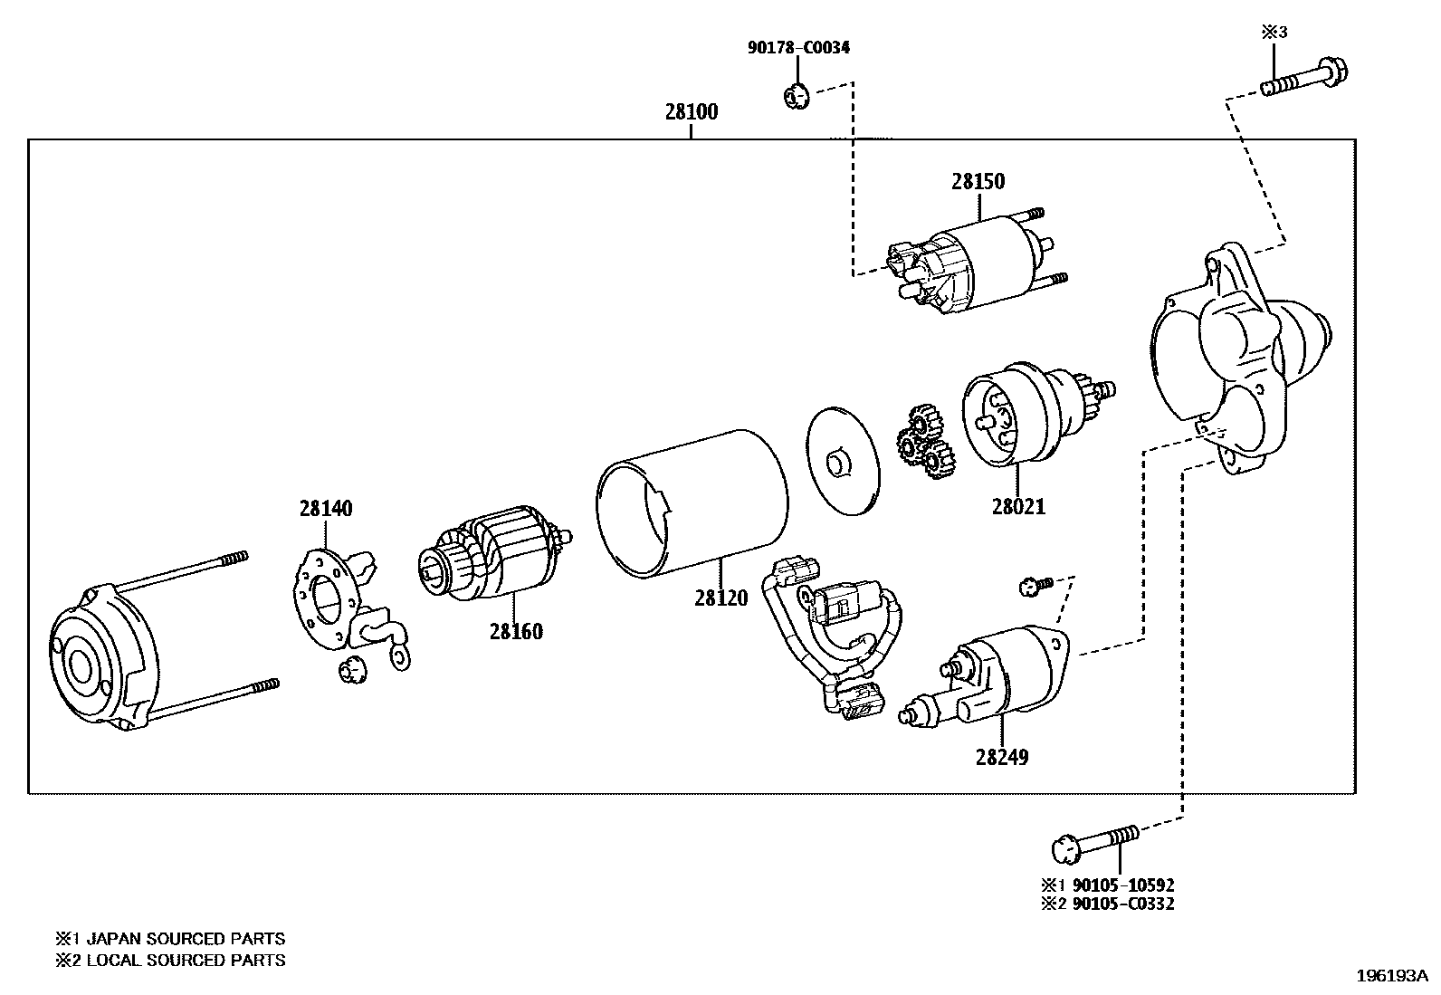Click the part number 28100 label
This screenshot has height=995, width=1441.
pos(691,112)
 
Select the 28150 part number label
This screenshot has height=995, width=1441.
pos(978,182)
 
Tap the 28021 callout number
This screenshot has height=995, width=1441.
pos(1018,507)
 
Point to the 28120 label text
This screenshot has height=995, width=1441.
pos(721,598)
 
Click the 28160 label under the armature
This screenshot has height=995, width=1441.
pos(516,632)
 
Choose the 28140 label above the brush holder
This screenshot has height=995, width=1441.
pos(326,509)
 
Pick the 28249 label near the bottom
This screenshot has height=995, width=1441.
pos(1002,757)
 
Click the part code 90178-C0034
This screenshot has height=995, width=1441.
pos(798,48)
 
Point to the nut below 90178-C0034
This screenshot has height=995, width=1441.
pos(794,93)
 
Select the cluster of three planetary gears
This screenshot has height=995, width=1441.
pos(924,443)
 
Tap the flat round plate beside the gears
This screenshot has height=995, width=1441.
pos(842,461)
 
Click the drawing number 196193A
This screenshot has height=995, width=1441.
pos(1390,977)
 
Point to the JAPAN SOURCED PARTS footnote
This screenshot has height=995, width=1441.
pos(170,939)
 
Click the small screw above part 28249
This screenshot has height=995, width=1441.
pos(1035,586)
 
